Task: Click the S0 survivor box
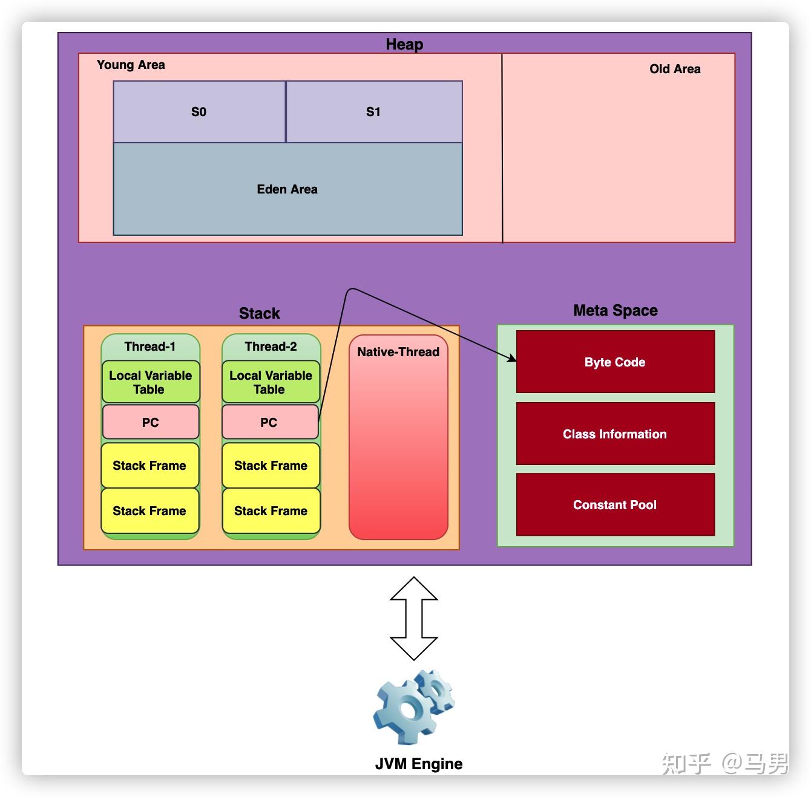pos(199,111)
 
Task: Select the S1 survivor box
pos(373,111)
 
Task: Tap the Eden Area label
pos(287,189)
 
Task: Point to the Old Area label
pos(675,69)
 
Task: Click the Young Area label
pos(131,65)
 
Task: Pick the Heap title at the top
pos(404,44)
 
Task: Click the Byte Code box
pos(615,361)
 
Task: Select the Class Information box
pos(615,433)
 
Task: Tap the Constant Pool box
pos(615,504)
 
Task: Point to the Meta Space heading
pos(615,310)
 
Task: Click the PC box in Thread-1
pos(151,422)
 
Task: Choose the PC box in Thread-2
pos(270,422)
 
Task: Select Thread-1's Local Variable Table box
pos(151,382)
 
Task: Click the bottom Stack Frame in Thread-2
pos(271,510)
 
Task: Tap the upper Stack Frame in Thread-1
pos(150,465)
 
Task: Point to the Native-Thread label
pos(398,351)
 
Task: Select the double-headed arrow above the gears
pos(414,618)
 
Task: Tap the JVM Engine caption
pos(418,763)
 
